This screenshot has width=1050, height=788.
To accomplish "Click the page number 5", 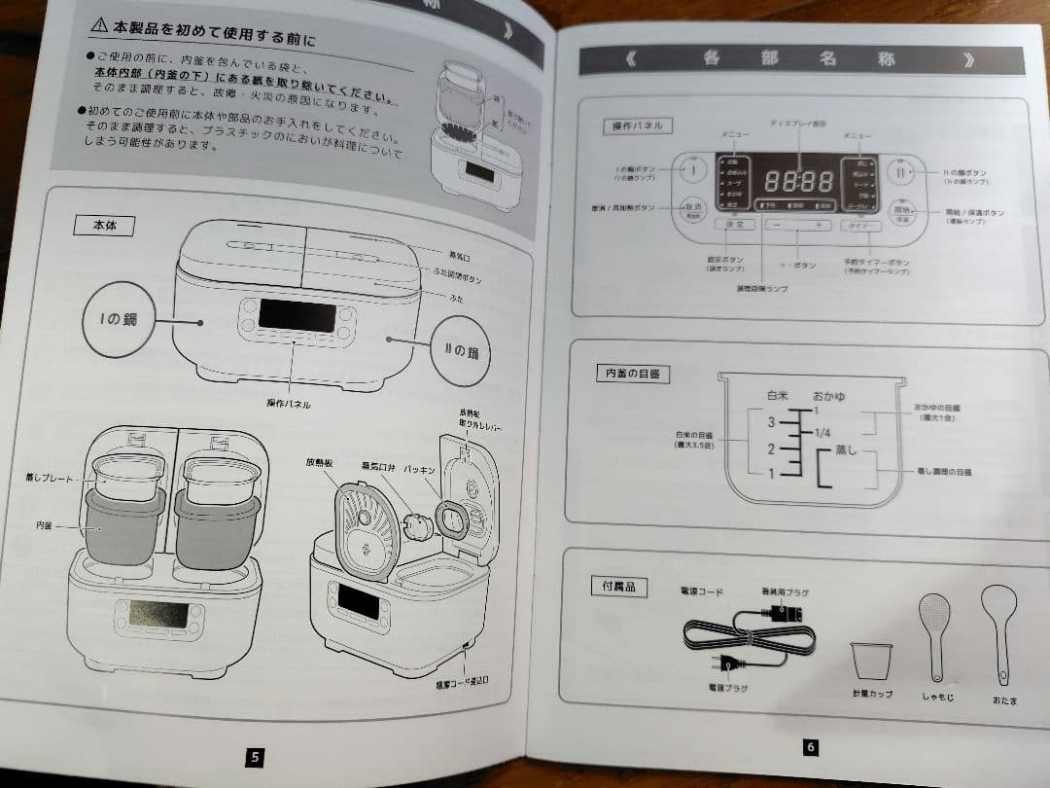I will (255, 757).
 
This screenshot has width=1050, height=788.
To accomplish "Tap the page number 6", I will (811, 747).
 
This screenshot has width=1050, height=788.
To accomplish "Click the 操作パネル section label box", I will (638, 125).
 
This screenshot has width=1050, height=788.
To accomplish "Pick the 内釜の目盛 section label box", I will (633, 374).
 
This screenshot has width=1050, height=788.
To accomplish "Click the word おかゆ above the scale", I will (828, 397).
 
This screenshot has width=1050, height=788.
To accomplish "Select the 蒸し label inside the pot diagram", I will (847, 452).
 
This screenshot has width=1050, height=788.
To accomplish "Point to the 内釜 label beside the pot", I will (44, 526).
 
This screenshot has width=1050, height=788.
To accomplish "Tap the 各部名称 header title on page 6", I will (797, 59).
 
